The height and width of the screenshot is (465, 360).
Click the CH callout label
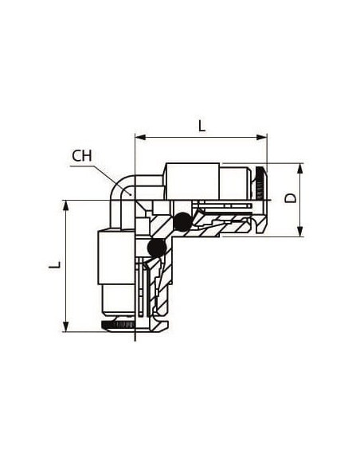(x=82, y=156)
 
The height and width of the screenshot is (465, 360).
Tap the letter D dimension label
(x=291, y=198)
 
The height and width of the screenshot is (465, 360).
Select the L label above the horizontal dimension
(x=202, y=126)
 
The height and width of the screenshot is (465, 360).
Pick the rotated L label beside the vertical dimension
(x=55, y=265)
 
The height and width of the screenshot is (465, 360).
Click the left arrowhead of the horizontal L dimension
(x=140, y=137)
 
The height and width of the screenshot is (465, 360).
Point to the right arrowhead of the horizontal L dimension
(x=262, y=137)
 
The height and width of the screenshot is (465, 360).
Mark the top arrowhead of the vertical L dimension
(x=66, y=205)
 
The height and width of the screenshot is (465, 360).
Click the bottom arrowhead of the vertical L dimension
(x=66, y=326)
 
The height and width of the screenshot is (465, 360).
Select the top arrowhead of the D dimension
(x=300, y=169)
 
